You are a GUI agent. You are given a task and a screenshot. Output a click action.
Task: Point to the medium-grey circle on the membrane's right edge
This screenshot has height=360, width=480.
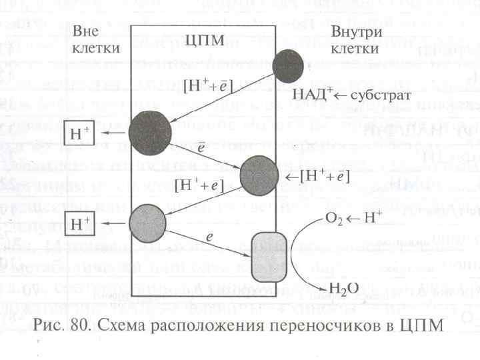tap(259, 177)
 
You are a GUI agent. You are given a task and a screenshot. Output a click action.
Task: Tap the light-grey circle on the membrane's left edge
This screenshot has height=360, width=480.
tap(147, 223)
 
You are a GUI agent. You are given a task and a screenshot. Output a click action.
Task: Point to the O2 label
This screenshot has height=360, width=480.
tap(333, 218)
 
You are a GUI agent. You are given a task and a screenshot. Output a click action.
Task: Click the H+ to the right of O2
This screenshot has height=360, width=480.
tap(373, 217)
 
